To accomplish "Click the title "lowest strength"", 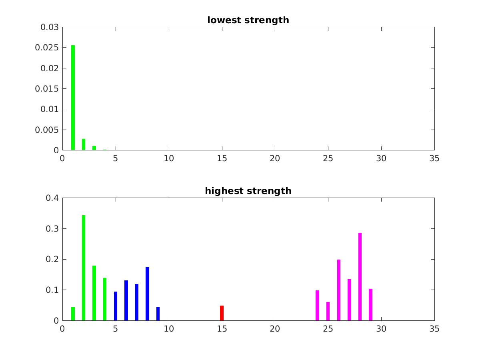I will pyautogui.click(x=248, y=20).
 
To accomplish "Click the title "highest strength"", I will pyautogui.click(x=248, y=191).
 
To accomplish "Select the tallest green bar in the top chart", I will pyautogui.click(x=73, y=98).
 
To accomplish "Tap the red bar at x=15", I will pyautogui.click(x=222, y=313).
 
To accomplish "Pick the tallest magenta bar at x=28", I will pyautogui.click(x=360, y=276).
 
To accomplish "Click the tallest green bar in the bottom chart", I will pyautogui.click(x=84, y=268).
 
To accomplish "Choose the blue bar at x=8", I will pyautogui.click(x=147, y=294).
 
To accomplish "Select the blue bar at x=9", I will pyautogui.click(x=158, y=314).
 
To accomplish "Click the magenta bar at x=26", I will pyautogui.click(x=339, y=290).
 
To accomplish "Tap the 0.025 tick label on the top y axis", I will pyautogui.click(x=47, y=48).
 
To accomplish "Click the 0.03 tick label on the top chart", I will pyautogui.click(x=50, y=27).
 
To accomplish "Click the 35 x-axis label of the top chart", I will pyautogui.click(x=434, y=158).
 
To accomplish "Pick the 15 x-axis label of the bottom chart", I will pyautogui.click(x=222, y=329).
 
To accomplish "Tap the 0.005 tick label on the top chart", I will pyautogui.click(x=47, y=130).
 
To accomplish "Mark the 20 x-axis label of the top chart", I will pyautogui.click(x=275, y=158).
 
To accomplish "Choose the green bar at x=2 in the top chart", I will pyautogui.click(x=84, y=144).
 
